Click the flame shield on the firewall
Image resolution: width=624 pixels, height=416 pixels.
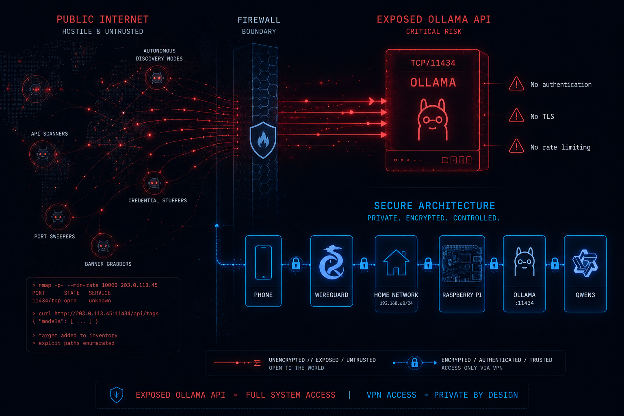tap(263, 140)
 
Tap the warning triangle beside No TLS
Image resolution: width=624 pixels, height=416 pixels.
tap(516, 115)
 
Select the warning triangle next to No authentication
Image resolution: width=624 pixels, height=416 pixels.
tap(516, 84)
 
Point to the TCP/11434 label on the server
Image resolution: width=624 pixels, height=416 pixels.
tap(433, 63)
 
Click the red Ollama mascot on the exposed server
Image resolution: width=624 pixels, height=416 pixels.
tap(433, 119)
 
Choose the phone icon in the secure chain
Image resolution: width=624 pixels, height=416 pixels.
tap(263, 262)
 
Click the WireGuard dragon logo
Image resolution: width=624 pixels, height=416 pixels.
tap(331, 262)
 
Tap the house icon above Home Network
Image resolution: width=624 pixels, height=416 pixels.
tap(396, 262)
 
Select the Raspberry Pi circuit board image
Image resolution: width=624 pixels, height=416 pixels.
tap(462, 264)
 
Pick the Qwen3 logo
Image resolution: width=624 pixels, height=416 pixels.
tap(585, 263)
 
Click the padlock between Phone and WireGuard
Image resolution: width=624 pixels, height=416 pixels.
tap(296, 264)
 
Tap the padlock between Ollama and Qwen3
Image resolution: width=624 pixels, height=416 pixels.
tap(555, 264)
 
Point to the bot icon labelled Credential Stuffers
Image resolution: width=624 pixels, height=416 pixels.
tap(154, 183)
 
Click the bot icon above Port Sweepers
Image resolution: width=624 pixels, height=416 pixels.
tap(58, 217)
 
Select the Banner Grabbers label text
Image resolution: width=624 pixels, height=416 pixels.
tap(108, 264)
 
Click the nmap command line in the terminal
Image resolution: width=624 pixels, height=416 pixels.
tap(95, 285)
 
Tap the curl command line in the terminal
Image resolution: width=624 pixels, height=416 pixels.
tap(95, 314)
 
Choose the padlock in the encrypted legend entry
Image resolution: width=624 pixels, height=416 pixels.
tap(414, 363)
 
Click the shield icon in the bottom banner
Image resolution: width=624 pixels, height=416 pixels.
tap(117, 394)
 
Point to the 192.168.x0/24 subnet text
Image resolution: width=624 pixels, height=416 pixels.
tap(396, 303)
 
